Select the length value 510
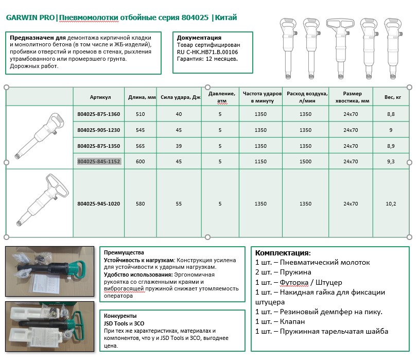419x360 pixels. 141,114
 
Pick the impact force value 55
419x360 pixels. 179,203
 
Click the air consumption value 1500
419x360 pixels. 305,161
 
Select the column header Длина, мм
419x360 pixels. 141,97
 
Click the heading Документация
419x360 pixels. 199,38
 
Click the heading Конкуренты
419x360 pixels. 120,316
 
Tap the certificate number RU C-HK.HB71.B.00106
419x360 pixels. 207,52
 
